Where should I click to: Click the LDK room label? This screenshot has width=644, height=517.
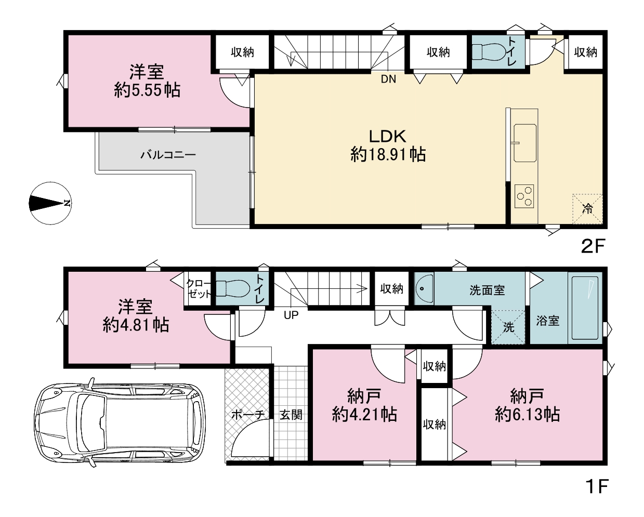(387, 137)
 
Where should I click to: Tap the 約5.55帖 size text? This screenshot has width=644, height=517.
(147, 90)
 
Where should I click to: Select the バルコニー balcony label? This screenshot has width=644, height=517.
(168, 155)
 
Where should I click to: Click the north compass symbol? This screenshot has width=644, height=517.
(50, 203)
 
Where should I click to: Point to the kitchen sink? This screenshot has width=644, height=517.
(525, 143)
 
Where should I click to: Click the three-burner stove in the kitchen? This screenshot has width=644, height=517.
(524, 196)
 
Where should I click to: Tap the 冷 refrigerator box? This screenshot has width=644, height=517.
(587, 208)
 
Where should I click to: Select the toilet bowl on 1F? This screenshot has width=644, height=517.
(233, 288)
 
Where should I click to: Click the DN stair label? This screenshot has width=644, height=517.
(388, 79)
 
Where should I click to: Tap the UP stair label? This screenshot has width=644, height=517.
(291, 315)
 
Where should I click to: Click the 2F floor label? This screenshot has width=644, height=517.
(593, 246)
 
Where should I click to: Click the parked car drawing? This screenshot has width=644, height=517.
(120, 422)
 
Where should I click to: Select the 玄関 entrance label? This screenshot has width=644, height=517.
(291, 415)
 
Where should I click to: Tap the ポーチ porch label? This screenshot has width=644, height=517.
(248, 415)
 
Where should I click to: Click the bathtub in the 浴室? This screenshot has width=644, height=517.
(585, 308)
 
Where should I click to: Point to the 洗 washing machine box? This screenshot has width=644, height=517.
(508, 327)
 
